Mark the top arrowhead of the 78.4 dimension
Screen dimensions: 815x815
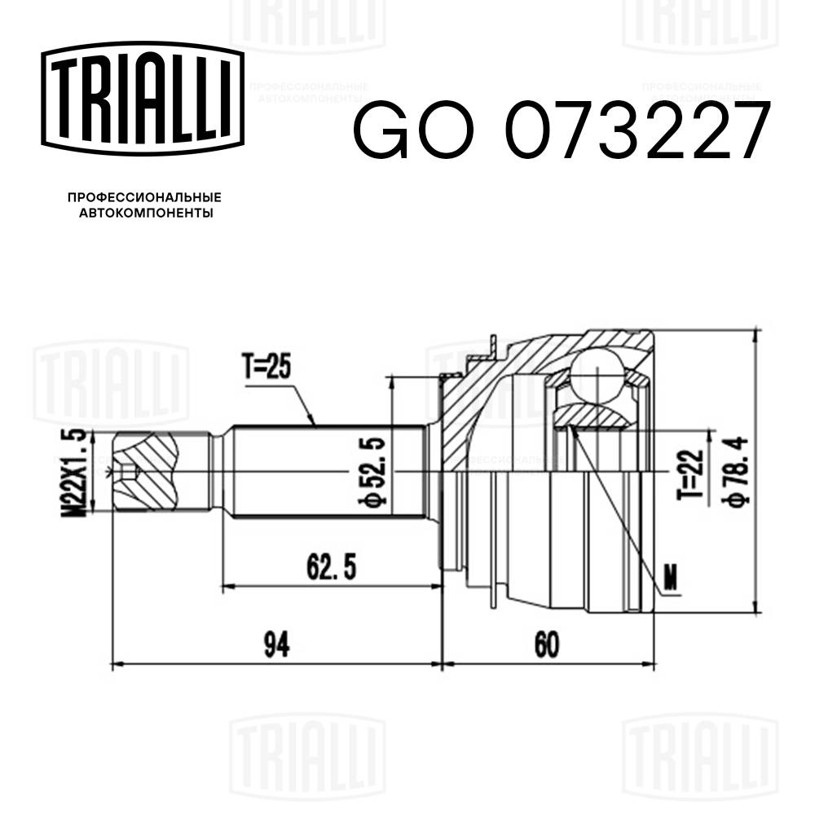tap(758, 336)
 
